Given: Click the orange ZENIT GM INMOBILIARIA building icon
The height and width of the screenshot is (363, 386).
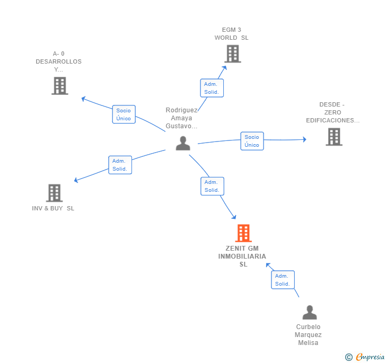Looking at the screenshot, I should [243, 233].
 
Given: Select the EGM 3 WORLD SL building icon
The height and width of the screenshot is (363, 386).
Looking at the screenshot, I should [232, 54].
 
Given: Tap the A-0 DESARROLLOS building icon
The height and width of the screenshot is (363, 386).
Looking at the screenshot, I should [59, 86].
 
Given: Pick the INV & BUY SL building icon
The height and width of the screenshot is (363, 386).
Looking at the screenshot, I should [54, 193].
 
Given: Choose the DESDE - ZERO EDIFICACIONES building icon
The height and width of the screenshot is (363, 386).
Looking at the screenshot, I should [334, 137].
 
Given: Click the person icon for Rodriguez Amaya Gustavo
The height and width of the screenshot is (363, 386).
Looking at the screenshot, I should [183, 144].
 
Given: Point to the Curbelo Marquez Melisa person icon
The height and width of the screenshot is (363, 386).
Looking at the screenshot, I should [309, 312].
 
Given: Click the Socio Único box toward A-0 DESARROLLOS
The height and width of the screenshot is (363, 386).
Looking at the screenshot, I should [124, 114].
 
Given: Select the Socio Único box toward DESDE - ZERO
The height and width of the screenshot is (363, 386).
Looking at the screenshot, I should [252, 141].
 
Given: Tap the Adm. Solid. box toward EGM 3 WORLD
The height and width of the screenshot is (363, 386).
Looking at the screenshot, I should [212, 88].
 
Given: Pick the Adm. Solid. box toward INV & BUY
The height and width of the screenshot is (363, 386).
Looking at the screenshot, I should [119, 165].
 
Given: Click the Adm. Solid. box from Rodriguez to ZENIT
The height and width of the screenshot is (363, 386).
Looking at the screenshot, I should [212, 186].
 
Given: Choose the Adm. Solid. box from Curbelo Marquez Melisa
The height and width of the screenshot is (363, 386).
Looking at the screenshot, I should [283, 280].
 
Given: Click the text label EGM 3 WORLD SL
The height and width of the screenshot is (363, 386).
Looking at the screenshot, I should [232, 34].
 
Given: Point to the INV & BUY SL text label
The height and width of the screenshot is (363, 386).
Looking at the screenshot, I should [53, 208].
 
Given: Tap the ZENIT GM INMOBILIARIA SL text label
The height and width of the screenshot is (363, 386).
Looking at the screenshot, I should [243, 256].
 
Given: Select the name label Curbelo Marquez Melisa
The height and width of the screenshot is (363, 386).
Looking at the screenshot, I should [308, 335].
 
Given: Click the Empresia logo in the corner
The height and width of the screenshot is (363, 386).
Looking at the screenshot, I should [370, 357].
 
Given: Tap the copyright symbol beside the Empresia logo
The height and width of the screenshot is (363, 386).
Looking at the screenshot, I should [348, 357].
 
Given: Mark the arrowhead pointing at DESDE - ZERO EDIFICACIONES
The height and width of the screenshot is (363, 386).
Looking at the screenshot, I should [304, 139].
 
